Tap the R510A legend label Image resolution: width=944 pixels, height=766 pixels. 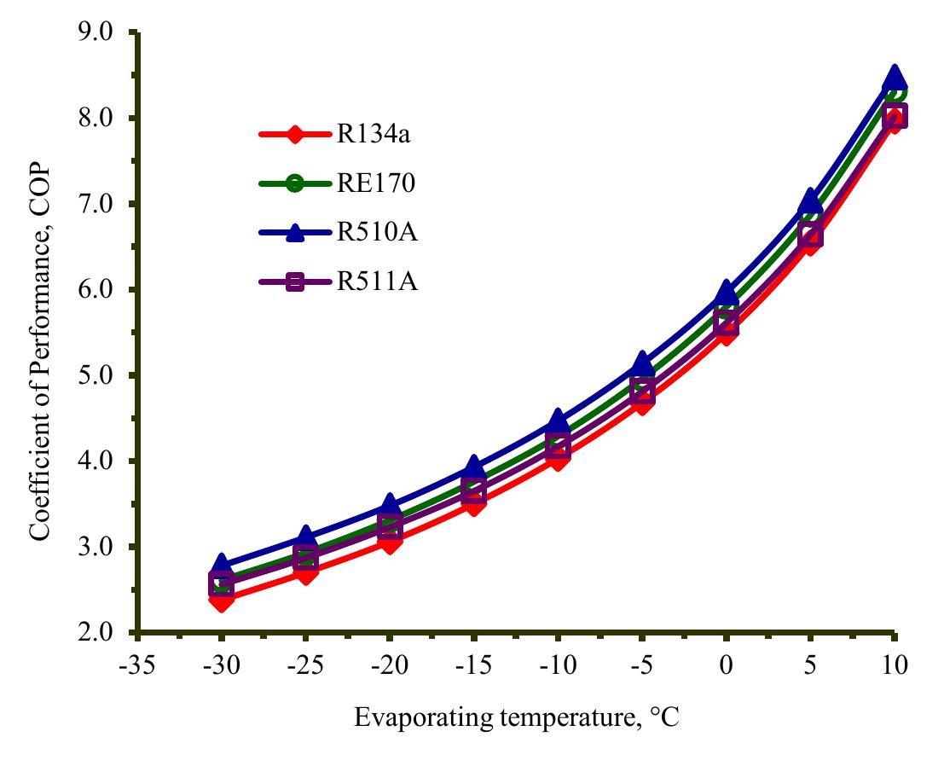click(369, 232)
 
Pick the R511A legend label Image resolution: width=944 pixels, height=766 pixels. click(369, 281)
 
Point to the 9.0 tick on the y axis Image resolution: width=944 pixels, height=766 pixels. click(96, 32)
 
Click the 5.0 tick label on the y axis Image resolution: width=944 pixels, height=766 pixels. click(96, 375)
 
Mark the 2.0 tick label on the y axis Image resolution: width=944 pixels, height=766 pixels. click(96, 632)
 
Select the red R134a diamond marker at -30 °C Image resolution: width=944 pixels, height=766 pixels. click(222, 601)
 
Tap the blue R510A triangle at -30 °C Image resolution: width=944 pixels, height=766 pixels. click(222, 564)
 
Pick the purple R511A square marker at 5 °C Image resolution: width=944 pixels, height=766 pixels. click(810, 236)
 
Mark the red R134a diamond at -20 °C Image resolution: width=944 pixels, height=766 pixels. click(390, 542)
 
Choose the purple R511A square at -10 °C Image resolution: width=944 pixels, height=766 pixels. click(558, 445)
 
